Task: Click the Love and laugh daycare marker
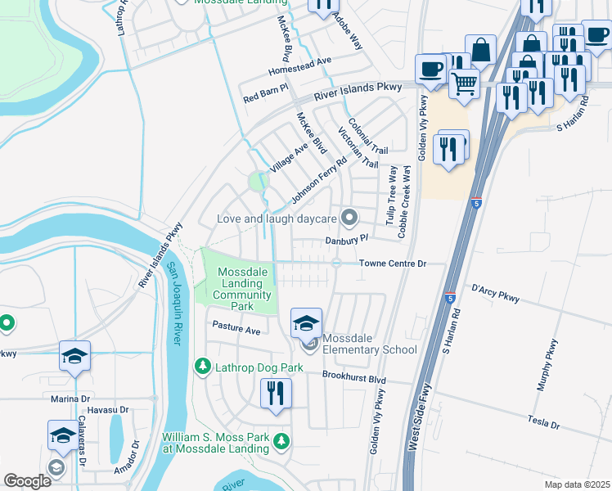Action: click(350, 218)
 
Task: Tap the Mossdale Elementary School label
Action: click(369, 345)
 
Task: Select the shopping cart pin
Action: click(465, 82)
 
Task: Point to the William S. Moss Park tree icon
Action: click(281, 442)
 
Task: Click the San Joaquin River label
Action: click(173, 304)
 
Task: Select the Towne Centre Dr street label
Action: click(393, 264)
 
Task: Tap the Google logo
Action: click(27, 480)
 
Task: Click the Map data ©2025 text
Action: click(577, 484)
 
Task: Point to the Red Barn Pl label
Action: click(266, 99)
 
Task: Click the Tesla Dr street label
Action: click(543, 425)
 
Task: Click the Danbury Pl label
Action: click(348, 240)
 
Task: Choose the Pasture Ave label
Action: click(236, 329)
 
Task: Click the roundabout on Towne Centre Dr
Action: click(336, 263)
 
